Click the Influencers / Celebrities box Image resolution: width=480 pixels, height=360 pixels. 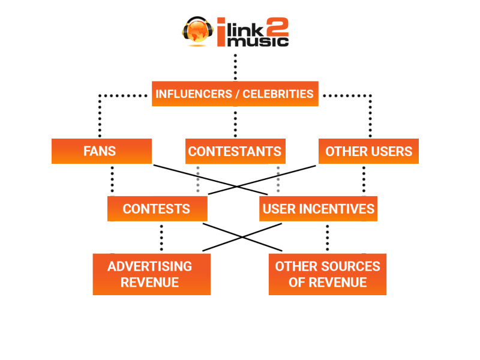pyautogui.click(x=235, y=94)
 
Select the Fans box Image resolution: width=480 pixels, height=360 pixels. pyautogui.click(x=101, y=151)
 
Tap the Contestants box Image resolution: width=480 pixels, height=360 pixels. pyautogui.click(x=235, y=151)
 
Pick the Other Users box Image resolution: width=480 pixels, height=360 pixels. pyautogui.click(x=368, y=151)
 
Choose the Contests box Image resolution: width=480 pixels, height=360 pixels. pyautogui.click(x=157, y=209)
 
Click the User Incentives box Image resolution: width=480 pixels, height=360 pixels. pyautogui.click(x=318, y=209)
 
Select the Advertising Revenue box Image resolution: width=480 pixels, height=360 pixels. pyautogui.click(x=151, y=274)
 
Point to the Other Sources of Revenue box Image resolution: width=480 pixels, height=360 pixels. pyautogui.click(x=327, y=274)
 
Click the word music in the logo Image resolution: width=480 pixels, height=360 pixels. pyautogui.click(x=259, y=41)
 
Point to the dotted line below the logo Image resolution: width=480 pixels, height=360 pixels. pyautogui.click(x=235, y=67)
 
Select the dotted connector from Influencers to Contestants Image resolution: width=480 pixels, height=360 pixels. pyautogui.click(x=235, y=122)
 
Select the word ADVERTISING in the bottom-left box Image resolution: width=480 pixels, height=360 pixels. pyautogui.click(x=150, y=266)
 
